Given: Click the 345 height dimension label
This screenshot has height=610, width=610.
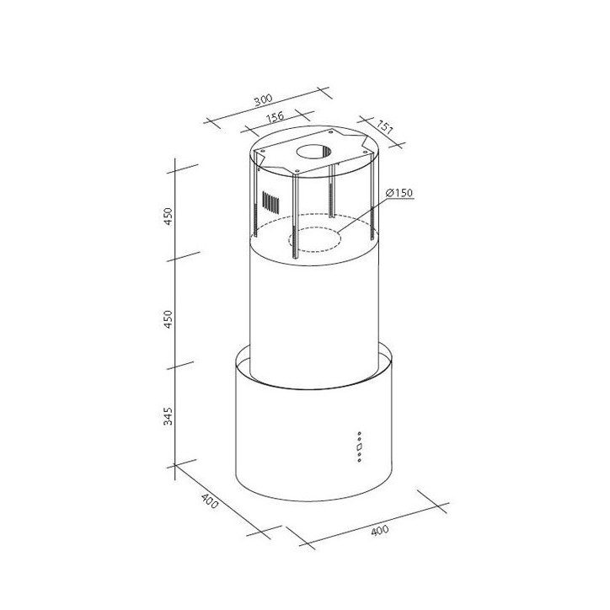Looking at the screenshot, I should point(169,416).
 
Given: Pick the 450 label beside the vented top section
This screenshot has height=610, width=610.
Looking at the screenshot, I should point(169,216).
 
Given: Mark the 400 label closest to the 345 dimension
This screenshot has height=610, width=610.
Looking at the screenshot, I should point(209,504).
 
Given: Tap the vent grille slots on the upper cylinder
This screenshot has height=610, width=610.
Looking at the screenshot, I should point(270,203).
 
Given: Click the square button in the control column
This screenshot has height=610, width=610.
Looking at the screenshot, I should point(359,447).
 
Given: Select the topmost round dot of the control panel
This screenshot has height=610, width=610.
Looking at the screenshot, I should point(359,434).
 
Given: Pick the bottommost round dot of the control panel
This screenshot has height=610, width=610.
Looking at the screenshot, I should point(359,460).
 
